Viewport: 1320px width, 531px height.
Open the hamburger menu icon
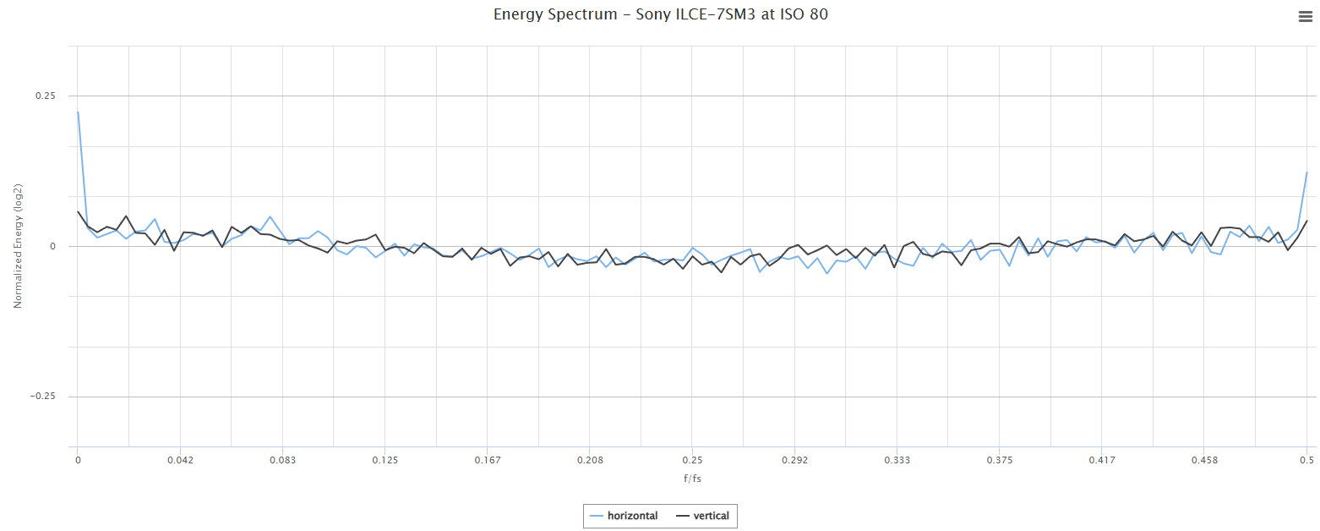click(x=1305, y=16)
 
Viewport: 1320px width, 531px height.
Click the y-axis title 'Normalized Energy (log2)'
click(x=18, y=246)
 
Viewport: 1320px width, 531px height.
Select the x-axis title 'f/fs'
click(x=692, y=479)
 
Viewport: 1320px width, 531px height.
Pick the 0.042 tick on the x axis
click(x=180, y=460)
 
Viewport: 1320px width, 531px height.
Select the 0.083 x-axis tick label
click(x=282, y=460)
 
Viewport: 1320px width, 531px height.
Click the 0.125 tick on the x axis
click(x=385, y=460)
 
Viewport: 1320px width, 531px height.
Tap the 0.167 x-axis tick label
click(x=488, y=460)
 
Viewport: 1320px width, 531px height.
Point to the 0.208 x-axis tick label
click(x=590, y=460)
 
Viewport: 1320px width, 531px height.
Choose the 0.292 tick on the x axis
click(x=794, y=460)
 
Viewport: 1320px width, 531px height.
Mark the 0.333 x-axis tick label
click(x=897, y=460)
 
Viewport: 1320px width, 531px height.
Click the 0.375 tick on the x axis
click(x=1000, y=460)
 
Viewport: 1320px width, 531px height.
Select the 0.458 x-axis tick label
click(x=1204, y=460)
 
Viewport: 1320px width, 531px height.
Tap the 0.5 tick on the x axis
click(x=1306, y=460)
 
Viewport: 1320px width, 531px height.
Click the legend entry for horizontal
click(x=624, y=516)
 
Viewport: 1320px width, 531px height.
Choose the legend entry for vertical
click(x=703, y=516)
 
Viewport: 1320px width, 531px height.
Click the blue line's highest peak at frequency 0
click(x=78, y=112)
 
